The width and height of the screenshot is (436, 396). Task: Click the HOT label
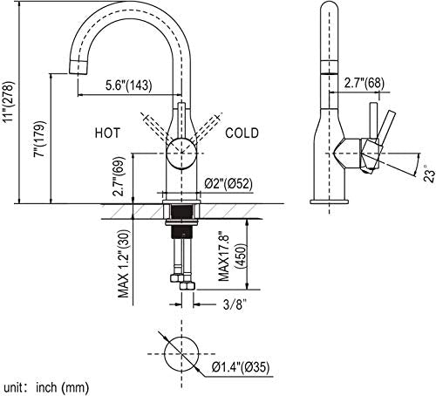tap(107, 133)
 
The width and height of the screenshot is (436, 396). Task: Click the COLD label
tap(242, 133)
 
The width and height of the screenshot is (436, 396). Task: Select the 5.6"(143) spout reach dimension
tap(128, 85)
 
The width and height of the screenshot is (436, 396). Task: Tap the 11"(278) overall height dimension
tap(8, 101)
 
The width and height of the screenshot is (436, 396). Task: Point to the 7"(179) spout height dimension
tap(40, 139)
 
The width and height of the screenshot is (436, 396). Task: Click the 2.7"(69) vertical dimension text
tap(119, 176)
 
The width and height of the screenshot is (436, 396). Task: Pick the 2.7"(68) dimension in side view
tap(364, 83)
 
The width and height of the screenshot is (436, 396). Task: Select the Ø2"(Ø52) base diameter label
tap(228, 184)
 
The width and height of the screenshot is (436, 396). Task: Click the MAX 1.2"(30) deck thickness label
tap(123, 263)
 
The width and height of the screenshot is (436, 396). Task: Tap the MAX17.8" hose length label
tap(224, 256)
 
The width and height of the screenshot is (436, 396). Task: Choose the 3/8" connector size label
tap(235, 304)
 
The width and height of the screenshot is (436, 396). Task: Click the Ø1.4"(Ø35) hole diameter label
tap(241, 367)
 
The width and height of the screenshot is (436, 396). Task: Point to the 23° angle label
tap(429, 173)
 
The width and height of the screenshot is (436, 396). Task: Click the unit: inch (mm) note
tap(46, 387)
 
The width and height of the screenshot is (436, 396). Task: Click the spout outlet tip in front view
tap(78, 67)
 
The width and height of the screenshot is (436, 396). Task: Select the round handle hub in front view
tap(182, 153)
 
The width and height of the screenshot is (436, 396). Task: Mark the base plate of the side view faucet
tap(329, 201)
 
